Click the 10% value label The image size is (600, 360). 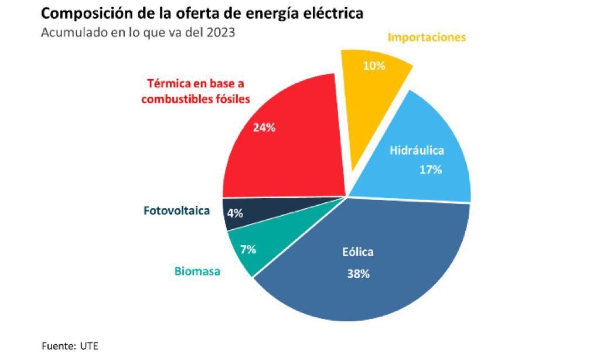pyautogui.click(x=374, y=66)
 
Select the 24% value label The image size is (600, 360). pyautogui.click(x=264, y=127)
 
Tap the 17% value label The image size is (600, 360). pyautogui.click(x=430, y=171)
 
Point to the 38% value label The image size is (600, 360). pyautogui.click(x=358, y=273)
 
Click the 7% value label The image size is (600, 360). pyautogui.click(x=248, y=250)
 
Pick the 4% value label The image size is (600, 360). pyautogui.click(x=235, y=213)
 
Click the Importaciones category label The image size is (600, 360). pyautogui.click(x=427, y=37)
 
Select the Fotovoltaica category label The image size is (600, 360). pyautogui.click(x=176, y=211)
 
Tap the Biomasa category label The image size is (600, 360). pyautogui.click(x=197, y=271)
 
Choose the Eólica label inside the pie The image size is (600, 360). pyautogui.click(x=357, y=252)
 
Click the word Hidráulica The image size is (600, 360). pyautogui.click(x=417, y=150)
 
